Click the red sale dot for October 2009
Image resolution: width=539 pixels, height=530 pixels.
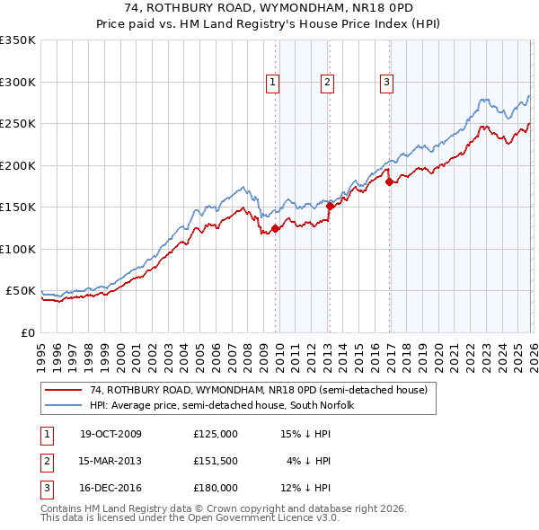(x=275, y=228)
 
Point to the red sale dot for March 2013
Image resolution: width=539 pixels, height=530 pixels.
(x=330, y=206)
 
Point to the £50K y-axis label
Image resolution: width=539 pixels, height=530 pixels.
(x=21, y=291)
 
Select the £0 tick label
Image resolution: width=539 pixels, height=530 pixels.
(x=28, y=332)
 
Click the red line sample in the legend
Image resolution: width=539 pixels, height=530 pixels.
(x=64, y=389)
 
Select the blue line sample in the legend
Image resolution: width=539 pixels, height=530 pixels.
(x=64, y=405)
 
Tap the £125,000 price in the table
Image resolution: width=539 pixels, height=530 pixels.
(x=216, y=434)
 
